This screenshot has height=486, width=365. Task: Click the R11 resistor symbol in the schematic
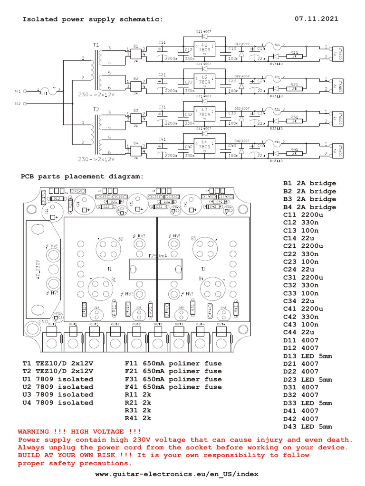pyautogui.click(x=294, y=56)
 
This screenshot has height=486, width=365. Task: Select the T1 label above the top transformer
pyautogui.click(x=97, y=44)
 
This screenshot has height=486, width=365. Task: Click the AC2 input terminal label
pyautogui.click(x=18, y=103)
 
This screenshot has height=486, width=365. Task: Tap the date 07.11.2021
pyautogui.click(x=317, y=19)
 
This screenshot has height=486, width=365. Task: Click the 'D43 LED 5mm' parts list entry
pyautogui.click(x=307, y=426)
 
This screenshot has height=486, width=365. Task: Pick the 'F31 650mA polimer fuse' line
pyautogui.click(x=173, y=379)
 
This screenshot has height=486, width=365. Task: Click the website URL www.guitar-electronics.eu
pyautogui.click(x=177, y=474)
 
